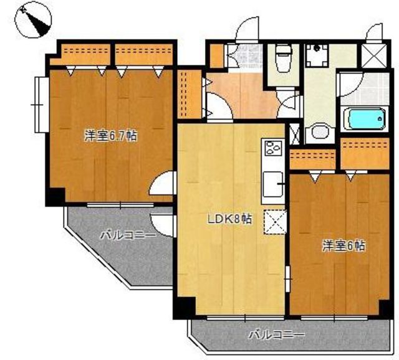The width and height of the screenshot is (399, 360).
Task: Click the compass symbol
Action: click(33, 20)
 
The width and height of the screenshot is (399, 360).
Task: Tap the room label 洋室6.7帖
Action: click(111, 136)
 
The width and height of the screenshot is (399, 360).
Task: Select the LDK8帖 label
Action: click(230, 219)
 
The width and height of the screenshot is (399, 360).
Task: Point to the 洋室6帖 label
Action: click(344, 246)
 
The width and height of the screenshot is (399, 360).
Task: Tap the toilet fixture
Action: click(284, 57)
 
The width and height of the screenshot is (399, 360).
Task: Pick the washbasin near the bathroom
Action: click(320, 131)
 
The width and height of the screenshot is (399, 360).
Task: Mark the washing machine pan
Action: click(317, 56)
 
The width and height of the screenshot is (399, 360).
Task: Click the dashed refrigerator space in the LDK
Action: click(276, 222)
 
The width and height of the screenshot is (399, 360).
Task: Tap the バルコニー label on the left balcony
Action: click(128, 235)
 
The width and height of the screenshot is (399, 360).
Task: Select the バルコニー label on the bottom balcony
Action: click(276, 334)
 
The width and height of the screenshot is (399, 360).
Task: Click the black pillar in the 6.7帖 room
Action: click(55, 196)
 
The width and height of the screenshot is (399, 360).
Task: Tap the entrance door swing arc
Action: click(247, 29)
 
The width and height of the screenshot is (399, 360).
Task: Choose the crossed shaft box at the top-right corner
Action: click(374, 56)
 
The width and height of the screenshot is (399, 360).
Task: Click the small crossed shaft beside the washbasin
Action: click(295, 134)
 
